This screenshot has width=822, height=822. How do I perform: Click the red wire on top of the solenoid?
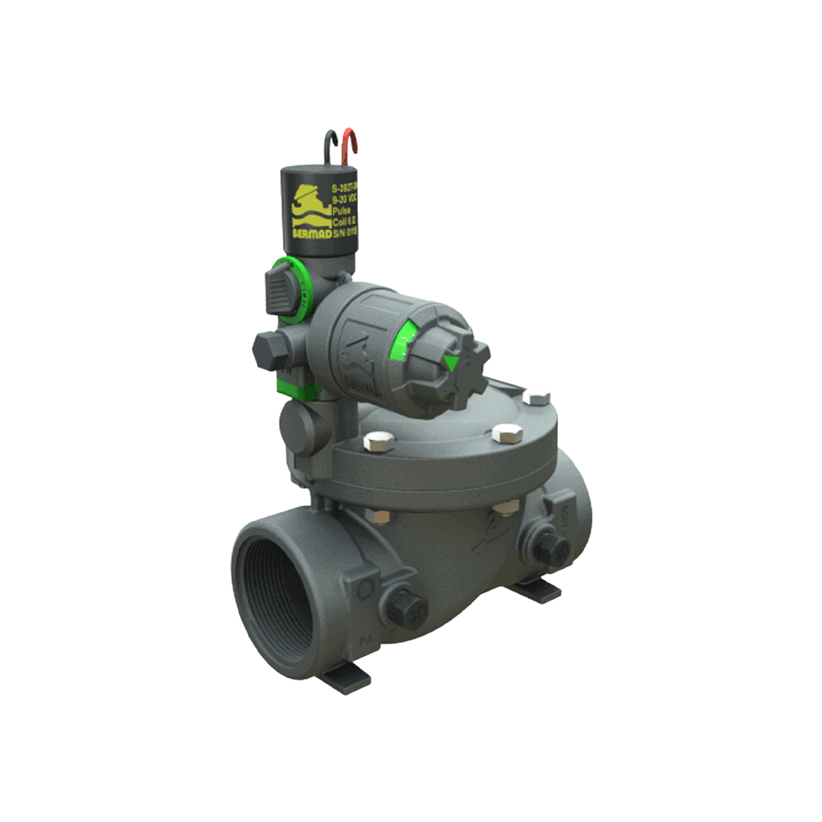(352, 143)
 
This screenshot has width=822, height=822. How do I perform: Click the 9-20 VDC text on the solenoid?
(345, 200)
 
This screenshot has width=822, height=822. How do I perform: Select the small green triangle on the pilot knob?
(451, 363)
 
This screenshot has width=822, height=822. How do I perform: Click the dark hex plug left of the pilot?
(268, 349)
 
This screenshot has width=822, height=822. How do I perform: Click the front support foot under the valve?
(348, 680)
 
